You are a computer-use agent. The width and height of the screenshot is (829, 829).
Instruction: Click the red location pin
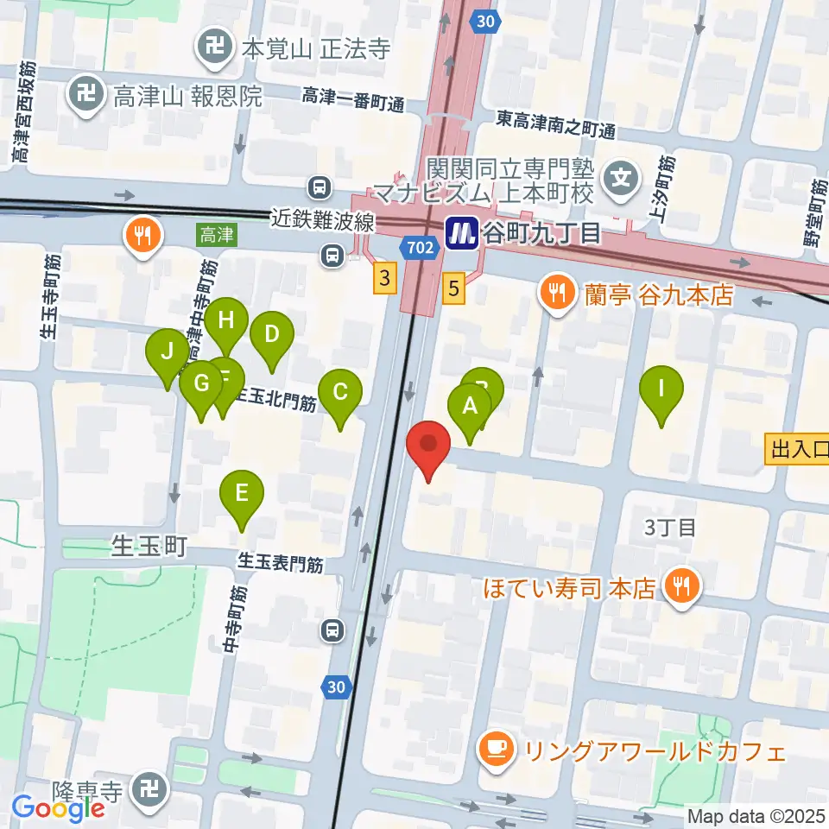point(428,444)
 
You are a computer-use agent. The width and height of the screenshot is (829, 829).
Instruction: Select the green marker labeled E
point(242,494)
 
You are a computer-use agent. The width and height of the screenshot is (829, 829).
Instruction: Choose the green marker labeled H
point(226,321)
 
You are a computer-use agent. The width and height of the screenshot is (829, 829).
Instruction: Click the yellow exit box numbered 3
point(386,277)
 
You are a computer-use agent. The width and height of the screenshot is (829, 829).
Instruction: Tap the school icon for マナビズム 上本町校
point(621,180)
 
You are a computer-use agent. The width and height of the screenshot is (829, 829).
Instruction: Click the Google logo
point(58,808)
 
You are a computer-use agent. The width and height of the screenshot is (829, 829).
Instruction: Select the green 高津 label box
point(215,234)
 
